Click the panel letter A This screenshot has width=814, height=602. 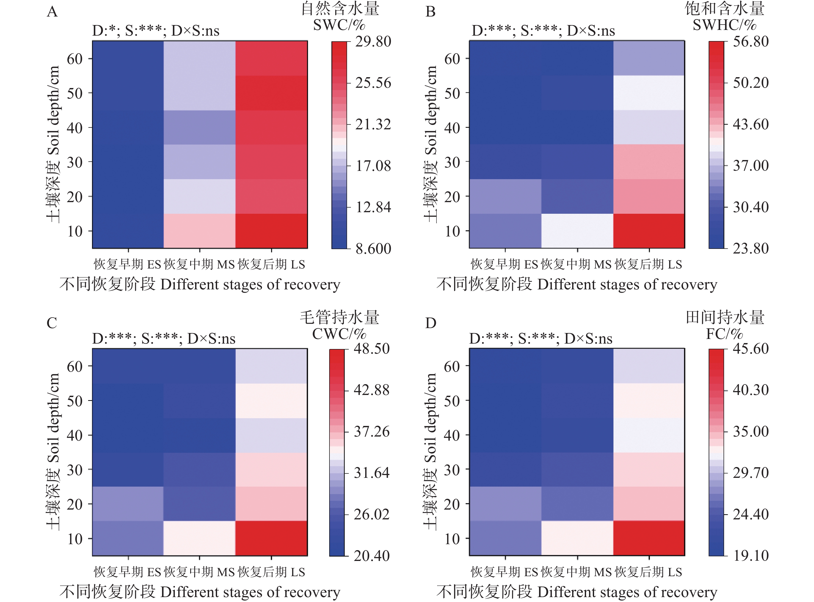pyautogui.click(x=52, y=12)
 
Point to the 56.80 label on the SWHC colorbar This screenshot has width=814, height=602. pyautogui.click(x=750, y=42)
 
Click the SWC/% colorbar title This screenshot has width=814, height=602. pyautogui.click(x=339, y=25)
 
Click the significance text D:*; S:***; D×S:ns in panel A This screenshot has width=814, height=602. pyautogui.click(x=156, y=31)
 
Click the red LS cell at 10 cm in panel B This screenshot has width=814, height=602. pyautogui.click(x=649, y=231)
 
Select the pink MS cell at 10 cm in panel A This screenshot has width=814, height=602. pyautogui.click(x=199, y=231)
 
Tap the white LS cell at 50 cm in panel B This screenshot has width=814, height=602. pyautogui.click(x=649, y=93)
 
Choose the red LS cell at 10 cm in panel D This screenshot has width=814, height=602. pyautogui.click(x=649, y=538)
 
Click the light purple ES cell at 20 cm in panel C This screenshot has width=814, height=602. pyautogui.click(x=128, y=504)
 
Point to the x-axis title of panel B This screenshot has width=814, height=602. pyautogui.click(x=577, y=284)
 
